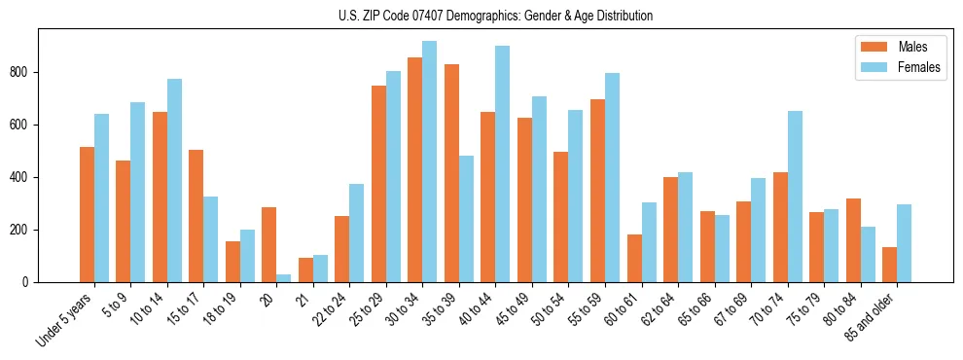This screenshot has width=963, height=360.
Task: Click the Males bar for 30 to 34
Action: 414,169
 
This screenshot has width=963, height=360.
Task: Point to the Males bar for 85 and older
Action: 889,265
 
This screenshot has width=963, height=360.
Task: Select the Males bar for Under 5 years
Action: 87,214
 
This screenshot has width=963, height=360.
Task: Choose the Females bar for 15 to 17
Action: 210,239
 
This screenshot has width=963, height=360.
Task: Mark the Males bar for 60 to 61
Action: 634,258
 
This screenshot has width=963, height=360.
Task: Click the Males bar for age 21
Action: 305,270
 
